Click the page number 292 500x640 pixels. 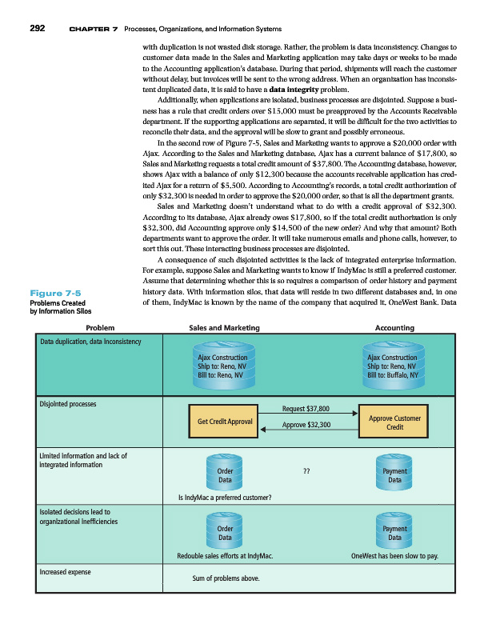(37, 29)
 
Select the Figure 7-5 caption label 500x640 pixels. (51, 293)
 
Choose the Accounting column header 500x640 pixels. (394, 328)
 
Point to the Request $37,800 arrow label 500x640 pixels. (306, 409)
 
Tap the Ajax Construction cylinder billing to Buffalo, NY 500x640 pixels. (392, 370)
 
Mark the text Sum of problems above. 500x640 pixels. (226, 579)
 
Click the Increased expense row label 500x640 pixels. (66, 573)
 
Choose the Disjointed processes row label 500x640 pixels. (69, 404)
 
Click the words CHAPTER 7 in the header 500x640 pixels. (94, 30)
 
